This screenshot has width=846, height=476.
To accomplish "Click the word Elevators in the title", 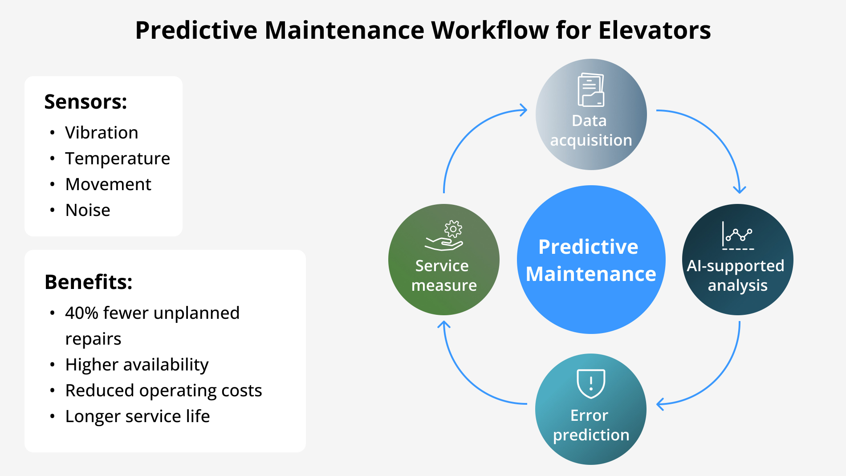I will pyautogui.click(x=654, y=30).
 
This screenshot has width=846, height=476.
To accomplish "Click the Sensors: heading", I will pyautogui.click(x=85, y=102).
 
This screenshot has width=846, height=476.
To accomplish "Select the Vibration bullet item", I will pyautogui.click(x=102, y=133).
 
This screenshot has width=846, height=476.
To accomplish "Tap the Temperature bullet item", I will pyautogui.click(x=118, y=159).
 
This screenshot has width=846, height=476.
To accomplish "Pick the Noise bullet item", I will pyautogui.click(x=88, y=210).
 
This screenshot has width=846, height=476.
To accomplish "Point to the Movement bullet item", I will pyautogui.click(x=108, y=184).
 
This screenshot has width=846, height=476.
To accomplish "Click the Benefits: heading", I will pyautogui.click(x=89, y=282).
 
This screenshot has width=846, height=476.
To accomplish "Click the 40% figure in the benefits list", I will pyautogui.click(x=81, y=313).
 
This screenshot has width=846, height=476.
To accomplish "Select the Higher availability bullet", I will pyautogui.click(x=137, y=365).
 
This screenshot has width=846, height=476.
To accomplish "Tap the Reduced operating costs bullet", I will pyautogui.click(x=163, y=391).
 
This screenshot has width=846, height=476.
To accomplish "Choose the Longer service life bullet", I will pyautogui.click(x=137, y=416).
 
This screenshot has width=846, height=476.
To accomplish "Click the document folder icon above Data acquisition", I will pyautogui.click(x=591, y=90).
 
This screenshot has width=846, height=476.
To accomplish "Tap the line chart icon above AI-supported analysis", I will pyautogui.click(x=737, y=236).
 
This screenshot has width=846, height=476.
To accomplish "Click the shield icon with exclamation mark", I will pyautogui.click(x=591, y=383).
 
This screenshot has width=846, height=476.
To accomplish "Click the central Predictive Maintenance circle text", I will pyautogui.click(x=590, y=260).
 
